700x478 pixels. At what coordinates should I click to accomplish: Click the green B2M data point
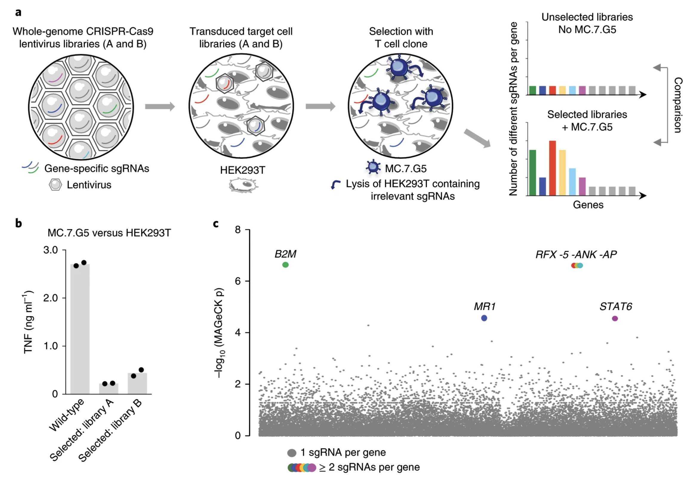click(x=285, y=265)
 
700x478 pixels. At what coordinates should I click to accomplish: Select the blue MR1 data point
click(x=484, y=318)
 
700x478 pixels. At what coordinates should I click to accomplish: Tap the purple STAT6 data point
click(x=615, y=318)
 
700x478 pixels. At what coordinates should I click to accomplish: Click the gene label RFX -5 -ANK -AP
click(x=576, y=255)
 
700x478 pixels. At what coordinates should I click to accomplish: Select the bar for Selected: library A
click(x=109, y=389)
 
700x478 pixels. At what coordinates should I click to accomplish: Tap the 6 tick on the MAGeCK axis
click(x=238, y=281)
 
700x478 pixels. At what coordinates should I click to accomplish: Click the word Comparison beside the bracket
click(x=678, y=105)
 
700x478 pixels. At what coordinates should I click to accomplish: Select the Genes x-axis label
click(x=588, y=205)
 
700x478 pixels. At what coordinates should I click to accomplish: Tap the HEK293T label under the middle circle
click(x=243, y=170)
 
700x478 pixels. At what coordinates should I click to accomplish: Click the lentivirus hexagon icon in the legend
click(x=55, y=185)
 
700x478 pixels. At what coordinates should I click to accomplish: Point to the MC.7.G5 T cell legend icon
click(x=373, y=167)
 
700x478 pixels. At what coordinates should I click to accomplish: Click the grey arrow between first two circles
click(x=160, y=106)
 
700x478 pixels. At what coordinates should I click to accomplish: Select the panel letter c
click(x=216, y=224)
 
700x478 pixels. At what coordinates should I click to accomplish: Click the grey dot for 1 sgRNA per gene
click(x=292, y=453)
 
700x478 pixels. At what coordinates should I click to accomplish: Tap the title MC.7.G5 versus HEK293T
click(x=109, y=233)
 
